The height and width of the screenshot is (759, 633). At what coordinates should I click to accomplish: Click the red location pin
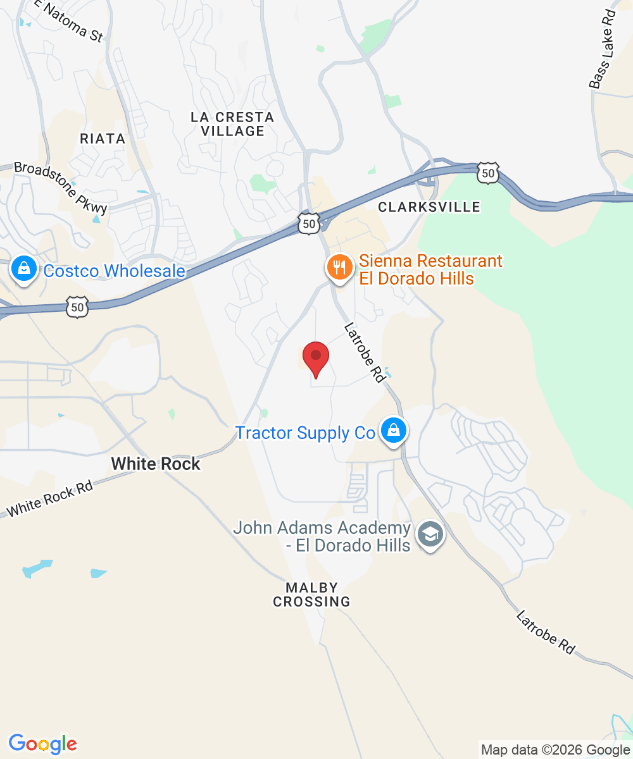[x=316, y=359]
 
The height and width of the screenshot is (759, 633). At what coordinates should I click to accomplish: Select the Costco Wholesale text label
[x=114, y=271]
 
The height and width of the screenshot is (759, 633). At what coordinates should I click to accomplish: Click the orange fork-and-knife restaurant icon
[x=339, y=267]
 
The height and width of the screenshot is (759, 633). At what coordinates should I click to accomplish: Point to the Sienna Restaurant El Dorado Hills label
[x=430, y=269]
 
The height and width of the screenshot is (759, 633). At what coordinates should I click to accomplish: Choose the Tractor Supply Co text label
[x=305, y=433]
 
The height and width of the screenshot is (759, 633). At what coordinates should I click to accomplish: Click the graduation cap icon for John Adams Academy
[x=431, y=536]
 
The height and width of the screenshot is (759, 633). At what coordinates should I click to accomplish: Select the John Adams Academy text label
[x=322, y=536]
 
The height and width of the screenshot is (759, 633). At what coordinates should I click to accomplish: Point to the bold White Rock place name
[x=156, y=464]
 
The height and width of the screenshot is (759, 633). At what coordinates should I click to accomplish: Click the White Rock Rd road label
[x=50, y=498]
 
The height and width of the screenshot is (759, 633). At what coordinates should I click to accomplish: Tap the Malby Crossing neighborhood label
[x=311, y=595]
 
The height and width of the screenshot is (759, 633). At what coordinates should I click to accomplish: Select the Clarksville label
[x=429, y=207]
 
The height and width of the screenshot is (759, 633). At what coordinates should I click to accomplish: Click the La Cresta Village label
[x=232, y=124]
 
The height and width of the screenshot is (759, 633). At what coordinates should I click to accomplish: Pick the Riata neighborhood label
[x=103, y=139]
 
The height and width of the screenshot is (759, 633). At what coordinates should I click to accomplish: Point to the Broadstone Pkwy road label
[x=61, y=188]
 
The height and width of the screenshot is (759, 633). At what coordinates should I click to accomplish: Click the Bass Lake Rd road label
[x=602, y=49]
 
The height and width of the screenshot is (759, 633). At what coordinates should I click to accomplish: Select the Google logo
[x=42, y=744]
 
